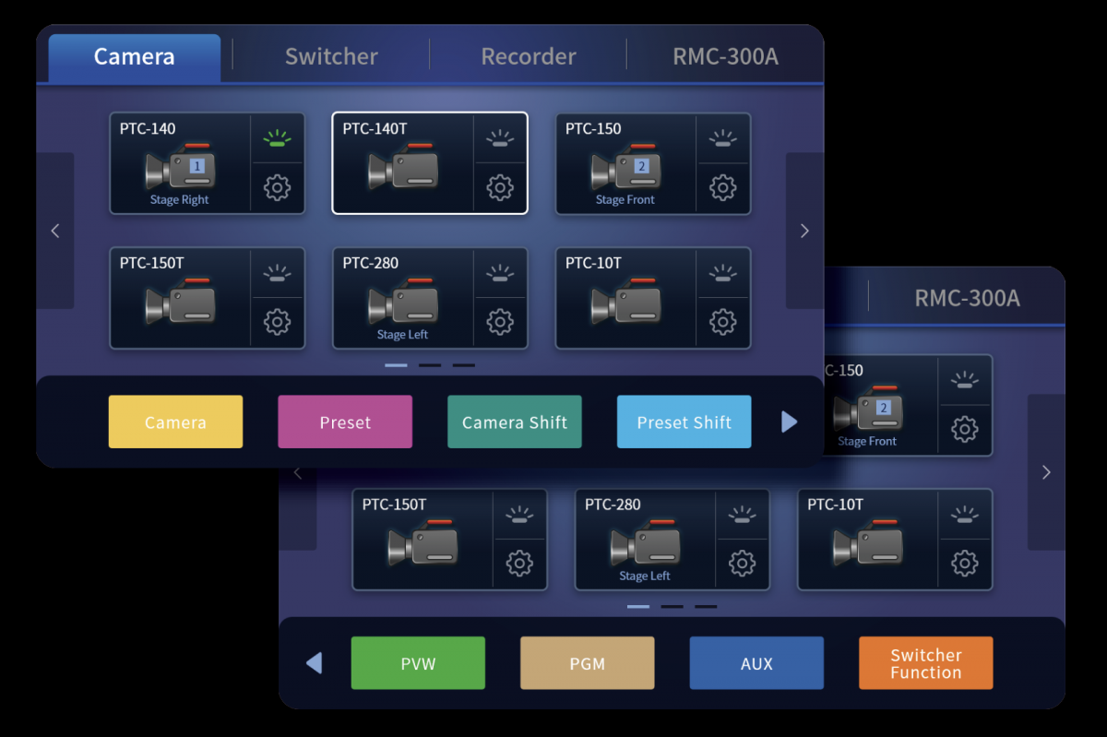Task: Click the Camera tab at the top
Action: coord(134,57)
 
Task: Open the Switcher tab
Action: coord(331,57)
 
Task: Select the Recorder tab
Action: coord(528,57)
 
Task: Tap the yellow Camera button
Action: coord(175,422)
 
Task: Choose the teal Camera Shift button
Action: coord(515,422)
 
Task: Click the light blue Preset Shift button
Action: coord(684,422)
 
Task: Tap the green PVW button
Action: coord(418,663)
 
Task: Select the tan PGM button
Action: coord(587,663)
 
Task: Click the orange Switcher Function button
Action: coord(925,663)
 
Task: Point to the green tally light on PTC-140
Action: coord(277,139)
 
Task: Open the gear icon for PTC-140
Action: coord(277,188)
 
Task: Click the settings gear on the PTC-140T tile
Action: coord(499,188)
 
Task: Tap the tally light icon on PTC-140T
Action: coord(499,139)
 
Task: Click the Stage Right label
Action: coord(180,200)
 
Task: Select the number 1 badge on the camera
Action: coord(196,167)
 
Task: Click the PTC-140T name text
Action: coord(375,129)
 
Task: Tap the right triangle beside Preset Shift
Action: coord(789,422)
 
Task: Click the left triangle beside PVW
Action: coord(314,663)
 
